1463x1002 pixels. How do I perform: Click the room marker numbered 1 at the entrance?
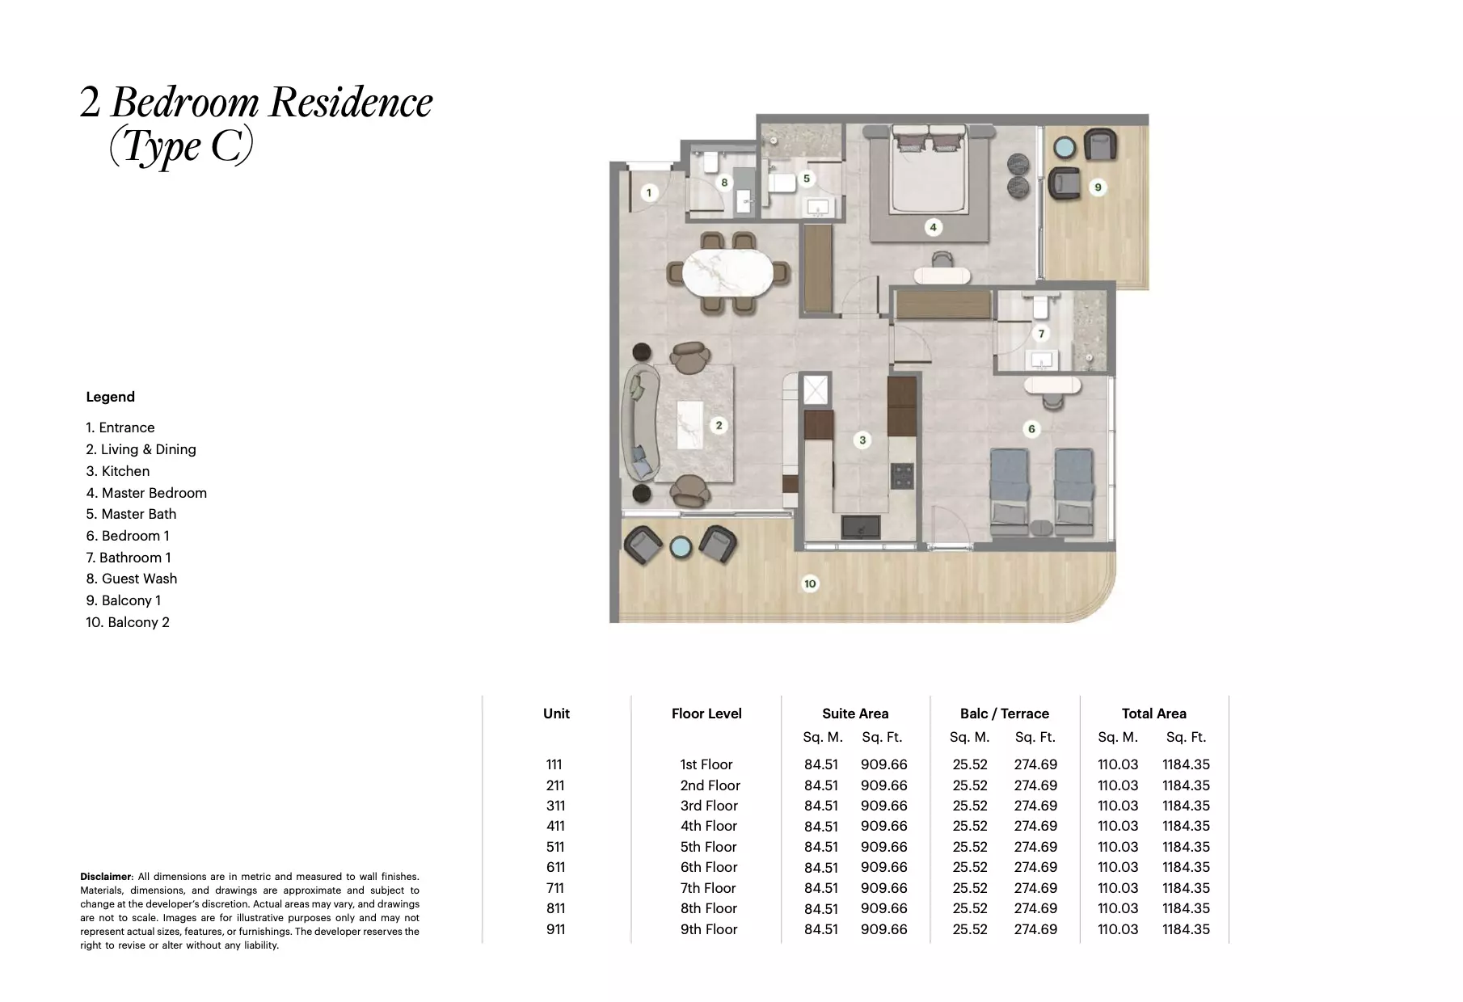(648, 192)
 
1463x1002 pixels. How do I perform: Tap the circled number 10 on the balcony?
(810, 583)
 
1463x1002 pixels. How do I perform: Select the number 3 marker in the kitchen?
(862, 440)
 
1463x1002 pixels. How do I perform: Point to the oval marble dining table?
(727, 273)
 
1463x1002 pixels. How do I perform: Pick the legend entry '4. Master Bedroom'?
(146, 493)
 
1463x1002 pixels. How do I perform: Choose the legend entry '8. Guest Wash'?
(132, 579)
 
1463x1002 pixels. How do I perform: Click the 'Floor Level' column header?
(706, 714)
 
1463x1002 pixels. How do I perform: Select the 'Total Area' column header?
(1153, 714)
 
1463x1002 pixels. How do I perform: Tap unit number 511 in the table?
(555, 847)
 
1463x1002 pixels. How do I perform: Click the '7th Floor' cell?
(708, 888)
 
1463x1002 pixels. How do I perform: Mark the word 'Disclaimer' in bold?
(105, 877)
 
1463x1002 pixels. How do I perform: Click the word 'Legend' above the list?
(111, 397)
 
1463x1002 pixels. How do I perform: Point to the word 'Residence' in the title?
(351, 103)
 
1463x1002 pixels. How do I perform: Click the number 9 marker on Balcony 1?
(1098, 187)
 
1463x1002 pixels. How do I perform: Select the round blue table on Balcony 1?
(1065, 149)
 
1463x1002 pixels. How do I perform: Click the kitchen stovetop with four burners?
(902, 476)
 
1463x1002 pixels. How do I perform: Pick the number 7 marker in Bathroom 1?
(1041, 333)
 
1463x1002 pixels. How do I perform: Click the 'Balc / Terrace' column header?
(1004, 714)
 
